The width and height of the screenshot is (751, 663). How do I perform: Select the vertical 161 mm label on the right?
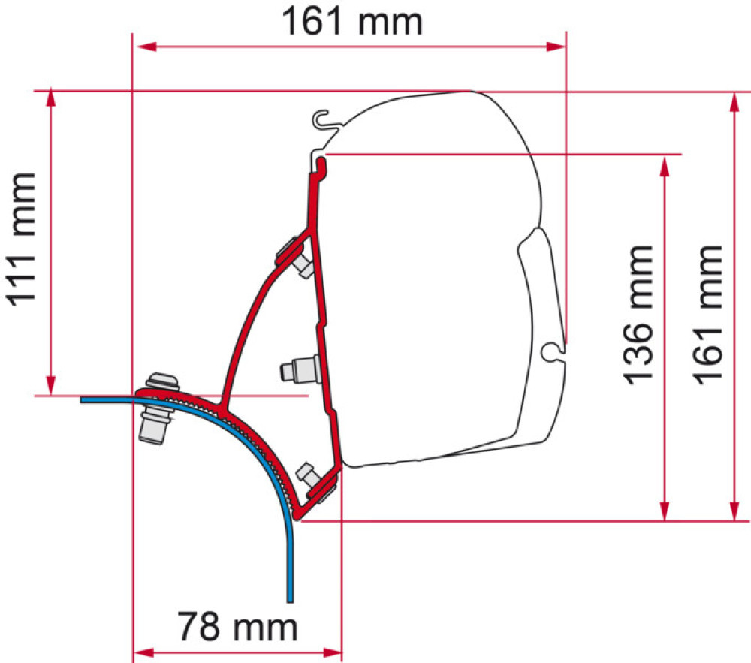coord(709,312)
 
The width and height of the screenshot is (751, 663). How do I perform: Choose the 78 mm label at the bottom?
coord(237,624)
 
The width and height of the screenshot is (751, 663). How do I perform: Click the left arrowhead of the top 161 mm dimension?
coord(143,47)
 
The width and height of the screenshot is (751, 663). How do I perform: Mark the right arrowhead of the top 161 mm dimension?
coord(556,47)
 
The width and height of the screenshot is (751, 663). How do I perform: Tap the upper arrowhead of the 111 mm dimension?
coord(51,98)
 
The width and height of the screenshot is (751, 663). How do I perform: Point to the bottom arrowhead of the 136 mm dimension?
coord(663,511)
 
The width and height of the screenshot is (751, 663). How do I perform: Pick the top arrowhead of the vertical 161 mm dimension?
coord(733,101)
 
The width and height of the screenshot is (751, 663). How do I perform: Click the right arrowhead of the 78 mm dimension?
coord(332,651)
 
